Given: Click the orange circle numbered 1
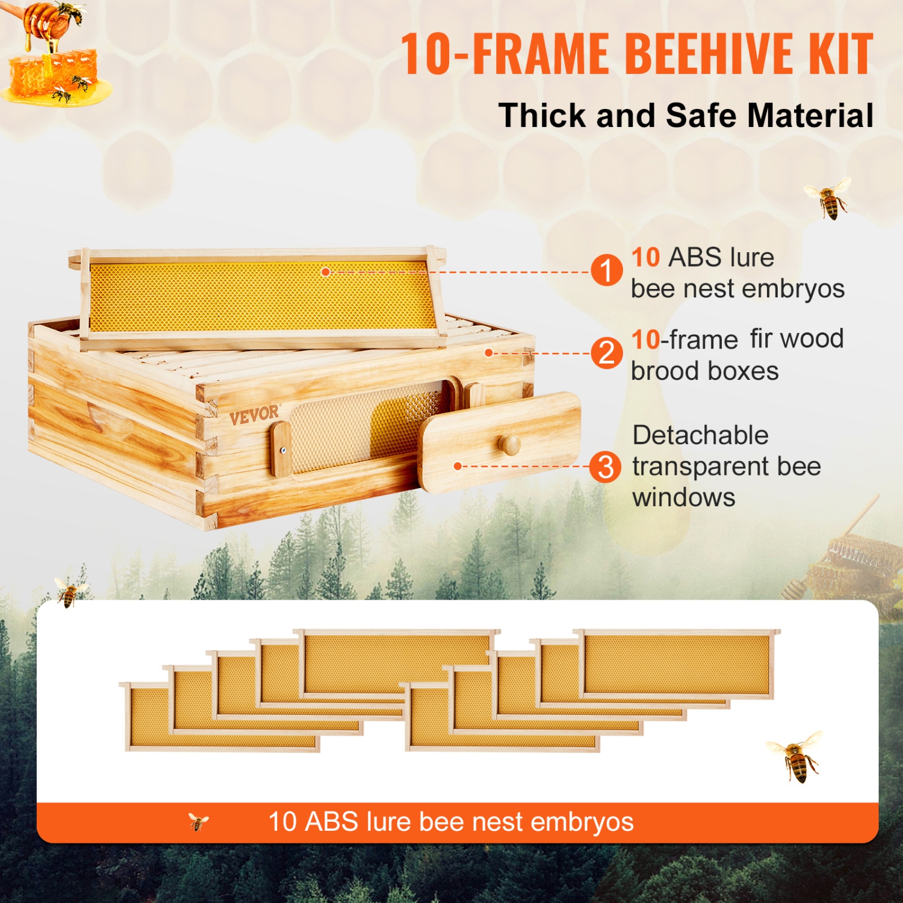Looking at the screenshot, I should [x=606, y=270].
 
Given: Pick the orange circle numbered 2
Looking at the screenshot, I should [x=606, y=353].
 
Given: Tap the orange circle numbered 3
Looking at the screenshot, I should [x=606, y=467].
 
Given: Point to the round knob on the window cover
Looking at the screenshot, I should [x=509, y=445].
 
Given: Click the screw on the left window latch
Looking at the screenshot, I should [x=282, y=450].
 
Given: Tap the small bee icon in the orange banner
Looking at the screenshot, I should [x=198, y=821].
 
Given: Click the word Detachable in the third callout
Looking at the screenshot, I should [x=700, y=435].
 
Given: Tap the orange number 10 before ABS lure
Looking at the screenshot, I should [x=645, y=258].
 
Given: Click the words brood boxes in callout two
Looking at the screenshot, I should [x=704, y=371].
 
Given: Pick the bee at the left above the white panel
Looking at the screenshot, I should [x=70, y=592].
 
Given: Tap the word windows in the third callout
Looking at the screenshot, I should [x=684, y=498].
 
